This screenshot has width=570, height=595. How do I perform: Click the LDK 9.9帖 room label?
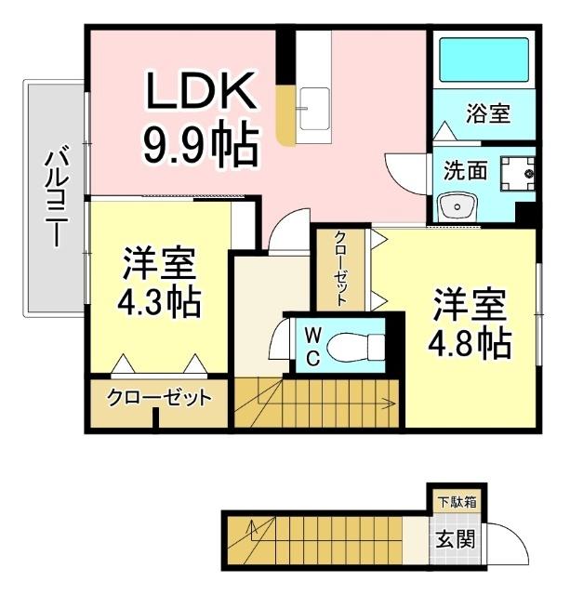(x=198, y=119)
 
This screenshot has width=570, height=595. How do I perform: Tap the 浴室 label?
(x=487, y=114)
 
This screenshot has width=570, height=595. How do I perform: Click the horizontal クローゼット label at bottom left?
(x=158, y=398)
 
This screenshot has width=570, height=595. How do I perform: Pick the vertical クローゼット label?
(x=340, y=269)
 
